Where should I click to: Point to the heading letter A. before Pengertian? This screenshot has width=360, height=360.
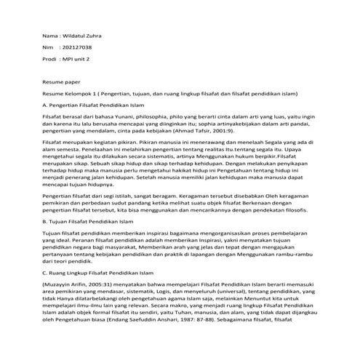point(45,105)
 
